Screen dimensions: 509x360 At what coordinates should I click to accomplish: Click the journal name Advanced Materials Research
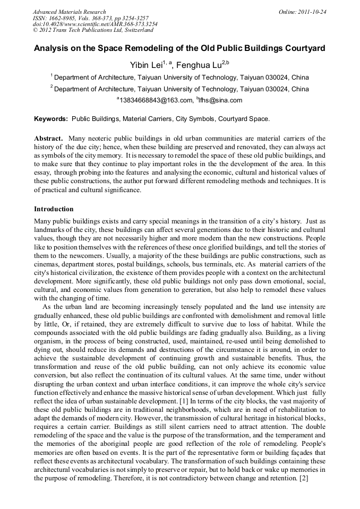point(69,12)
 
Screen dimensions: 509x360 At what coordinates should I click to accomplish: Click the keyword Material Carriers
point(144,119)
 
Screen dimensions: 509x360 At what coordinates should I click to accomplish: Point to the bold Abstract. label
point(49,138)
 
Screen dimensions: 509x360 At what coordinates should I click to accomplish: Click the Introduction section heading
point(54,209)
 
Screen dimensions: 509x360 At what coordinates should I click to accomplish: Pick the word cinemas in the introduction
point(48,264)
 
